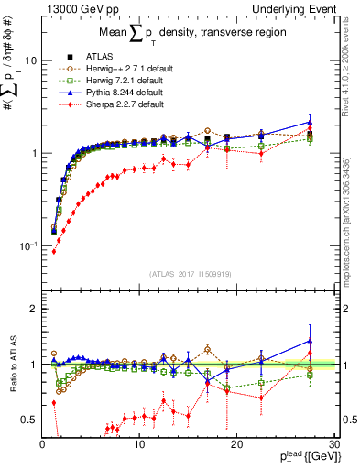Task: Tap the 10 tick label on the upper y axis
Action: pos(31,60)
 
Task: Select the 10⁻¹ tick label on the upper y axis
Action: pos(29,245)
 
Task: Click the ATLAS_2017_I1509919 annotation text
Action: pos(191,273)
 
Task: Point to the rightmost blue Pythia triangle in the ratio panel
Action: pos(310,341)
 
